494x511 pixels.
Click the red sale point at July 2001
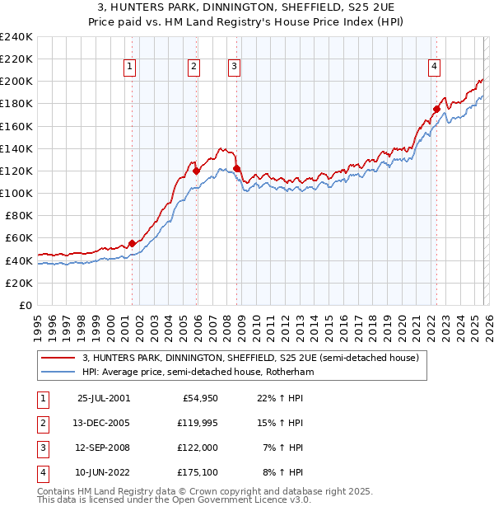(x=132, y=243)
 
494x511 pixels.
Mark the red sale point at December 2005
(x=197, y=171)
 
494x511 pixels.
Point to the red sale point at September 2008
(x=237, y=168)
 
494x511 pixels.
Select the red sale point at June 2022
(x=436, y=109)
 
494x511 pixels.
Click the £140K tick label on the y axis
(x=16, y=148)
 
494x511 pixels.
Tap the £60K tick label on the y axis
(x=19, y=238)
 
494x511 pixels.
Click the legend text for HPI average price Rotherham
(x=198, y=373)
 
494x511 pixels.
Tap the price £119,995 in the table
(x=195, y=423)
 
